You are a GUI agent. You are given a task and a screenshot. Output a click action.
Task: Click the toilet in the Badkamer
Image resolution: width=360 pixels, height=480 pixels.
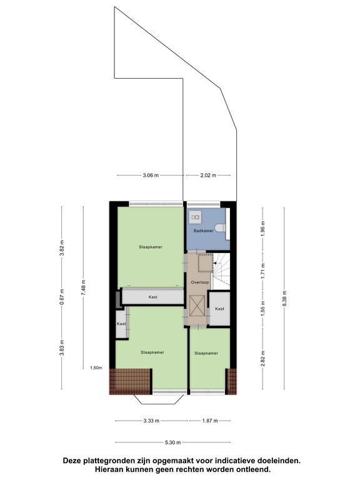click(221, 227)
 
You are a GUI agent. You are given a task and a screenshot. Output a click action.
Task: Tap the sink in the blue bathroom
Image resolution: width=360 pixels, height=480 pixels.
click(196, 217)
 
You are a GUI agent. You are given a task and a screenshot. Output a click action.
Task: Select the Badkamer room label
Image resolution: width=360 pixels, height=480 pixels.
click(204, 231)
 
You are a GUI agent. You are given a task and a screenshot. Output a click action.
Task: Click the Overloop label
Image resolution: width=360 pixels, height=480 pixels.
click(200, 282)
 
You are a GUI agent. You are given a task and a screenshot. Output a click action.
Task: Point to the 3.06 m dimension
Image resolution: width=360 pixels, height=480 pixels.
click(151, 176)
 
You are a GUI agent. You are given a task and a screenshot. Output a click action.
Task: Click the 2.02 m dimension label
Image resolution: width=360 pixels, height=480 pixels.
click(208, 176)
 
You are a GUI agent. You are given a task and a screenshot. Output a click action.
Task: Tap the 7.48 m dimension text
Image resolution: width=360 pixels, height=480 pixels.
click(83, 287)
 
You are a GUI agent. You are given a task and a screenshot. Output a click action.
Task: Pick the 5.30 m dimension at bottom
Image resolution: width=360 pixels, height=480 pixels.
click(172, 442)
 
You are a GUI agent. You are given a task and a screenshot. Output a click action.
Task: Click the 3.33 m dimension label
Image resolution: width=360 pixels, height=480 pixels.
click(151, 421)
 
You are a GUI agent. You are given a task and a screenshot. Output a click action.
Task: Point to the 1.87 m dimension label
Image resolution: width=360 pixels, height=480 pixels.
click(210, 421)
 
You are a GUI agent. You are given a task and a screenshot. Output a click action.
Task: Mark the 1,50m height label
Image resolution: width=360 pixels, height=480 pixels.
click(96, 368)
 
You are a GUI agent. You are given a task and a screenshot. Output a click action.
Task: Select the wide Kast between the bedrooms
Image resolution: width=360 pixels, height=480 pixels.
click(152, 297)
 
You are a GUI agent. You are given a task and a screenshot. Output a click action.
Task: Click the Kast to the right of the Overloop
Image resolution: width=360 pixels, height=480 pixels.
click(219, 309)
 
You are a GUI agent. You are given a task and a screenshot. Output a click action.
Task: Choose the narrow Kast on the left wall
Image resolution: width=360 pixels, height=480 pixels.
click(121, 324)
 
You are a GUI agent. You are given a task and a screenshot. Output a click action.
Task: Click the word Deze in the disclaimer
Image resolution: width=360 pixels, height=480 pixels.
click(73, 461)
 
